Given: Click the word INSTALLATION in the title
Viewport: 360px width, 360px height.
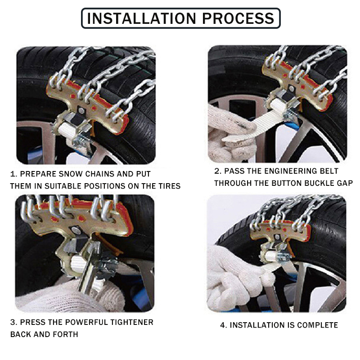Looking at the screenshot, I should coord(135,18).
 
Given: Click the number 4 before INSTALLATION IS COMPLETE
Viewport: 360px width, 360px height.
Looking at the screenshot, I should coord(222,325).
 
